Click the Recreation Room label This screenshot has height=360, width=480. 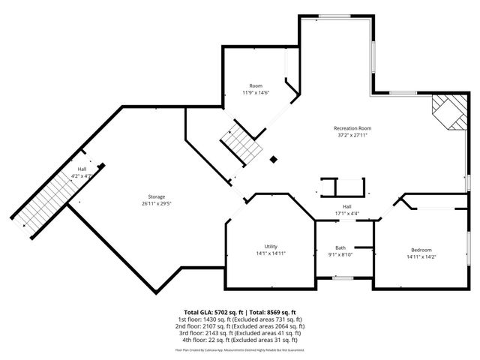click(x=352, y=128)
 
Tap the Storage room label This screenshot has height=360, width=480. click(x=156, y=196)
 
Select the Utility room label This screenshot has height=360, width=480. click(x=271, y=247)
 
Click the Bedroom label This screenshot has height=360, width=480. click(x=421, y=250)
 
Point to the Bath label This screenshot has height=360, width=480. click(x=340, y=247)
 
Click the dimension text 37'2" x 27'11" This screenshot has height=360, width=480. click(x=352, y=136)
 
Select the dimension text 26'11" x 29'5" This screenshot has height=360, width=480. click(x=156, y=203)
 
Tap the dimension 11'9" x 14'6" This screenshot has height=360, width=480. click(x=256, y=92)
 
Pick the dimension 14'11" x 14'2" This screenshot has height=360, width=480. click(x=421, y=256)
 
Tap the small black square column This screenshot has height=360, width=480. click(x=273, y=159)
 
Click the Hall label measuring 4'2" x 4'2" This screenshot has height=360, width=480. click(x=82, y=169)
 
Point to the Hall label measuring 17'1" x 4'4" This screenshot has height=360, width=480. click(x=346, y=207)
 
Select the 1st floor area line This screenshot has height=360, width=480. click(x=240, y=319)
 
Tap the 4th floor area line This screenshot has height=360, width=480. click(x=240, y=339)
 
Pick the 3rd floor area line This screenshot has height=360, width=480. click(x=240, y=332)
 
